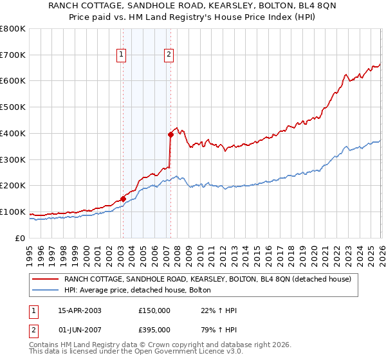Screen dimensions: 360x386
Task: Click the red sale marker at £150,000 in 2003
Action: click(x=122, y=199)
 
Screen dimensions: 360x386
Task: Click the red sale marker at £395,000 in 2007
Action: click(x=170, y=134)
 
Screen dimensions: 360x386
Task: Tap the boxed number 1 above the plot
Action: click(x=122, y=56)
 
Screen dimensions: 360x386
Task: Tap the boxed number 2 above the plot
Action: click(x=169, y=56)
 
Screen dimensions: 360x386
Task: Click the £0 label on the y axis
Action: click(x=19, y=239)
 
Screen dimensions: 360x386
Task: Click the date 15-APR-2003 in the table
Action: click(x=80, y=310)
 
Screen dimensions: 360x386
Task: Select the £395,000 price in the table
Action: click(x=154, y=329)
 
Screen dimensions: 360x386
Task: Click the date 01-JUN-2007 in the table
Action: click(x=80, y=329)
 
